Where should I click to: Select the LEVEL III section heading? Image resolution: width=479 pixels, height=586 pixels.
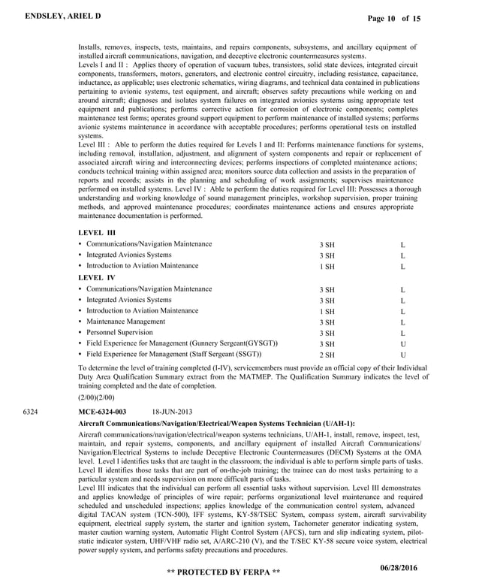[x=96, y=233]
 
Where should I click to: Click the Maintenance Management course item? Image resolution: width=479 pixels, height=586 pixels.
[x=125, y=322]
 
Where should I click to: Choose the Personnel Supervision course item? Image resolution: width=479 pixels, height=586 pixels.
[x=119, y=332]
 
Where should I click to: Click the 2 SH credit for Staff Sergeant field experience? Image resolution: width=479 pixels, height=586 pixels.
[x=327, y=355]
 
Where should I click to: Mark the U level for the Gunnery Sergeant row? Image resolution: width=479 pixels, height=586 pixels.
[x=402, y=343]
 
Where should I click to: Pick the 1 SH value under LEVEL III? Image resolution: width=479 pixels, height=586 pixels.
[x=327, y=267]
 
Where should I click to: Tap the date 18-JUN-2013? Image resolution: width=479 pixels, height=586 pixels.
[x=172, y=412]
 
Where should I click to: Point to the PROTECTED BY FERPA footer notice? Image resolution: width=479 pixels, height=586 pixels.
[x=224, y=572]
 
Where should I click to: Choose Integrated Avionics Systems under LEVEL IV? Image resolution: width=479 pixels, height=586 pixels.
[x=128, y=300]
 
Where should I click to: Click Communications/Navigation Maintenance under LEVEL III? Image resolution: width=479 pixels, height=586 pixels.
[x=149, y=244]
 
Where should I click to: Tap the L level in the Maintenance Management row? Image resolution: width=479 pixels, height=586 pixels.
[x=402, y=322]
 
